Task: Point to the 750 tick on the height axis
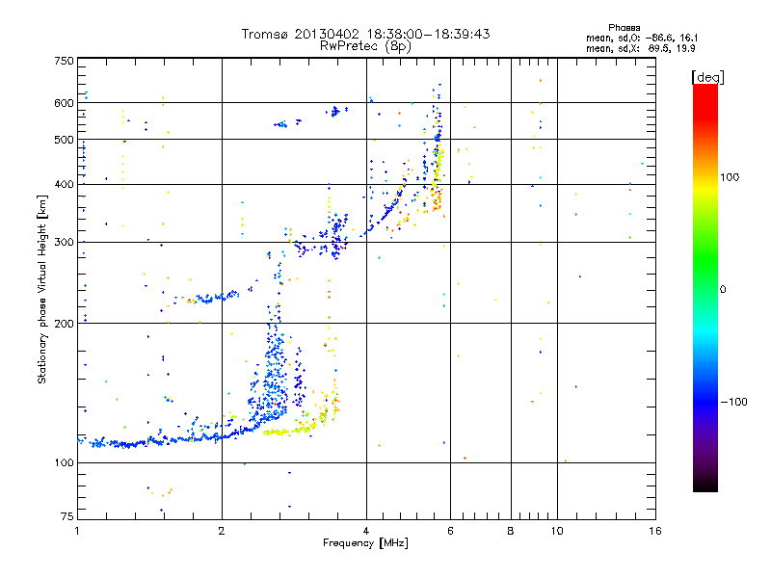(x=64, y=60)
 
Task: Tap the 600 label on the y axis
(x=64, y=102)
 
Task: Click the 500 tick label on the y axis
(x=64, y=140)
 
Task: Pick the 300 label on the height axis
(x=64, y=242)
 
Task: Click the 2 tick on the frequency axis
(x=222, y=531)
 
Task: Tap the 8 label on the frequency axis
(x=510, y=531)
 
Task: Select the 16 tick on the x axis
(x=654, y=531)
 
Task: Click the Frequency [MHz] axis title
(x=365, y=544)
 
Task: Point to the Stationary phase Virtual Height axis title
(x=42, y=289)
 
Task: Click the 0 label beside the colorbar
(x=724, y=289)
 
